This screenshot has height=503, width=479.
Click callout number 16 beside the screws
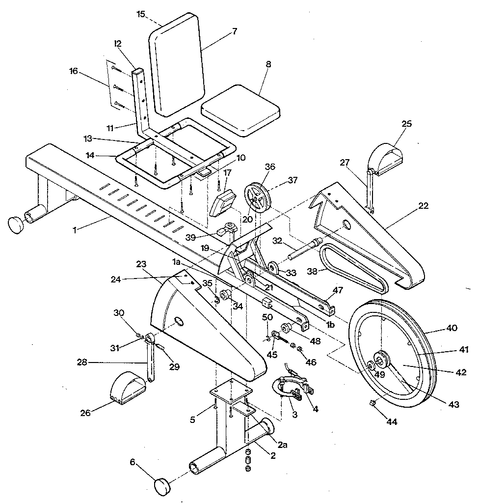click(x=74, y=71)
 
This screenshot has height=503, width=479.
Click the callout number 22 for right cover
click(x=423, y=206)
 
